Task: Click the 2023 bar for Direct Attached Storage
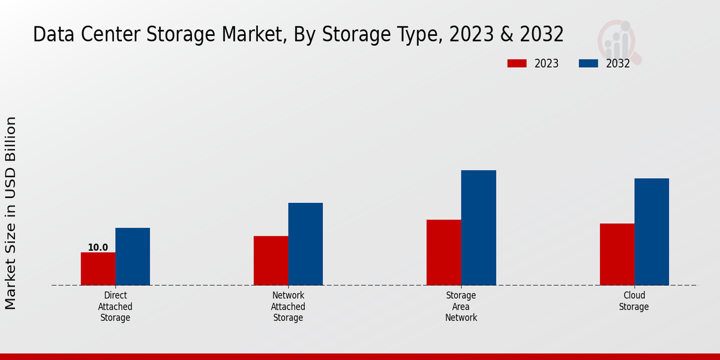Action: [x=98, y=269]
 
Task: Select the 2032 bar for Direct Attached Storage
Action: [x=133, y=256]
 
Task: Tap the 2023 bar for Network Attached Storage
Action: [x=271, y=260]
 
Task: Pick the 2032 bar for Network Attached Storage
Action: [x=305, y=244]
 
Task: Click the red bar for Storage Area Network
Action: [x=444, y=252]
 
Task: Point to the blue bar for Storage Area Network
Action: [x=479, y=227]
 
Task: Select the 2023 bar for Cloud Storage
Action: [x=617, y=254]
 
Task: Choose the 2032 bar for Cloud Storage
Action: [x=652, y=232]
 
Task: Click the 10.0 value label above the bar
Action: [x=98, y=247]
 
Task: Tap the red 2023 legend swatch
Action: [x=517, y=64]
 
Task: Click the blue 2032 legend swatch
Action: [x=589, y=64]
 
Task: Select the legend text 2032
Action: [x=618, y=64]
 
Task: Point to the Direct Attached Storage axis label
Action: [x=115, y=307]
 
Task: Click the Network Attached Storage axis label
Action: [x=288, y=307]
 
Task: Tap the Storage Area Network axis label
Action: [x=461, y=307]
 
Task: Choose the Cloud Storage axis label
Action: [x=634, y=301]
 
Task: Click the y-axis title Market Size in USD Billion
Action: [x=11, y=213]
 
